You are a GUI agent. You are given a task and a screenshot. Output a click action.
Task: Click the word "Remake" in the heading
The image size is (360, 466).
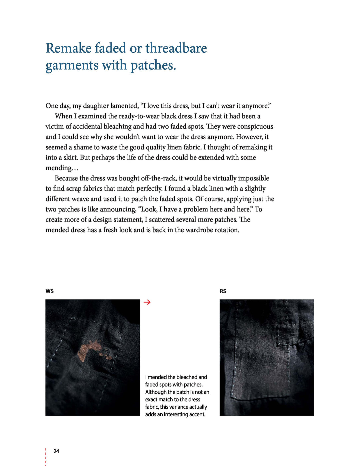click(x=68, y=48)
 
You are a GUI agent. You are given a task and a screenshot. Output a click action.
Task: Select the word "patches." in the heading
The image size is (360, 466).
click(x=153, y=65)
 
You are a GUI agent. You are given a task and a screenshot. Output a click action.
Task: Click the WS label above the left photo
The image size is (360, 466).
click(x=50, y=291)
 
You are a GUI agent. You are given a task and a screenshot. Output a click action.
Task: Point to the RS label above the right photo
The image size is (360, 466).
click(x=223, y=291)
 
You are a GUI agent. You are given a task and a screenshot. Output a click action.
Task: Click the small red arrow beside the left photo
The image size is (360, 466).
click(x=147, y=302)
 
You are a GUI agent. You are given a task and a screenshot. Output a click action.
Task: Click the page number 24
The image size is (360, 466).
click(x=56, y=451)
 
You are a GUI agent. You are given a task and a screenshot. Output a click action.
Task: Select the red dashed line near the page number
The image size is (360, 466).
click(x=46, y=457)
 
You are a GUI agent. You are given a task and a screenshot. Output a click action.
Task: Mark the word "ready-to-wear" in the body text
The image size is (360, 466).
click(x=139, y=116)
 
